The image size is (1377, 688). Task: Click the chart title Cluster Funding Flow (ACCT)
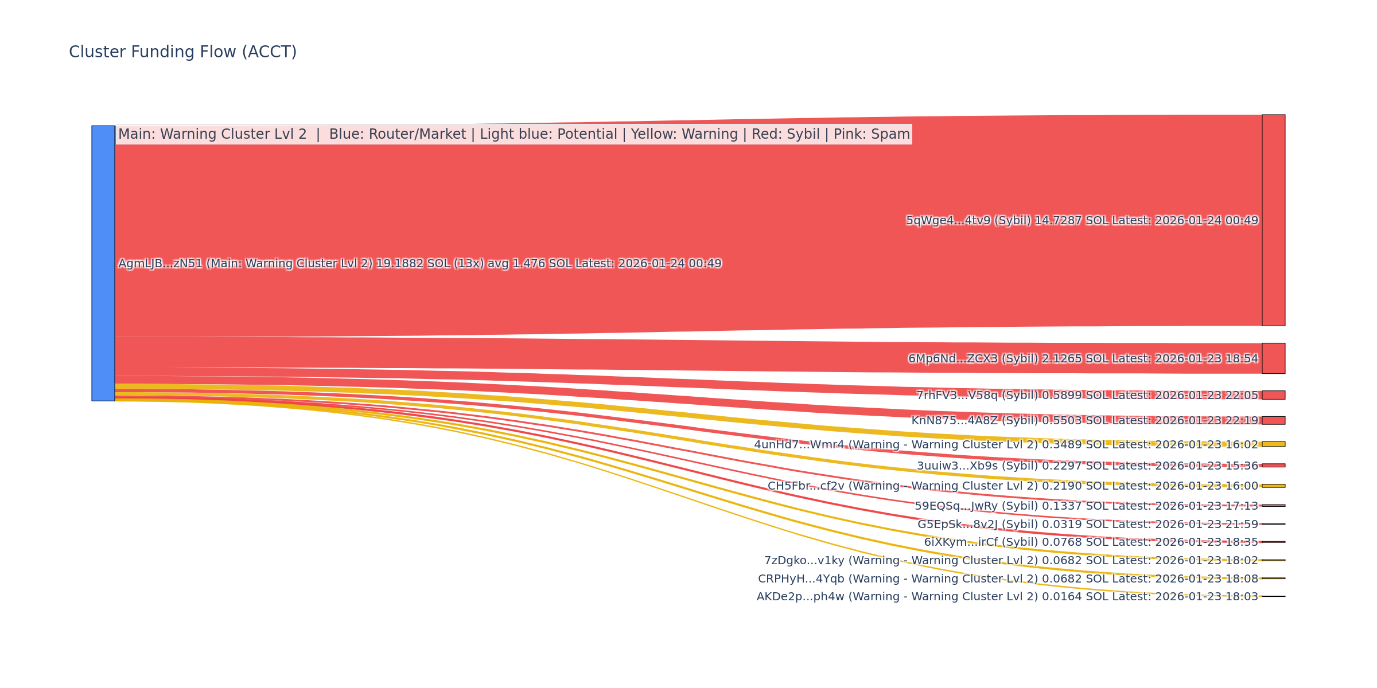click(x=182, y=52)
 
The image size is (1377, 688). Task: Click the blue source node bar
click(x=103, y=263)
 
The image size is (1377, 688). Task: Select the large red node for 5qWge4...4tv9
click(x=1273, y=220)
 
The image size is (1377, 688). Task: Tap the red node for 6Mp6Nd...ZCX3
click(x=1273, y=358)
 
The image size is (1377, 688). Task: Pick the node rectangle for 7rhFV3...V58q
click(x=1273, y=395)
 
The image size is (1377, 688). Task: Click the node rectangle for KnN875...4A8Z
click(x=1273, y=420)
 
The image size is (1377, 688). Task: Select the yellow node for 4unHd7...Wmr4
click(x=1273, y=444)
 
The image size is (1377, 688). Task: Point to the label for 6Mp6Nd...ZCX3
click(x=1083, y=359)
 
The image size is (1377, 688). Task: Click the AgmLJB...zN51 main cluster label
click(x=419, y=264)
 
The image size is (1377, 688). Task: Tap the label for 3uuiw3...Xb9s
click(x=1087, y=466)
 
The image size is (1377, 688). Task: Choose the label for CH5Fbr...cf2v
click(x=1013, y=486)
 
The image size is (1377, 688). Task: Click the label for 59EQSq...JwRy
click(x=1086, y=506)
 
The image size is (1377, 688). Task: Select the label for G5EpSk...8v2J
click(x=1087, y=525)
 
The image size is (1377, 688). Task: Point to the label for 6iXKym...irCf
click(x=1091, y=542)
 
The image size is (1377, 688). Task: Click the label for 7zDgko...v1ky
click(x=1011, y=561)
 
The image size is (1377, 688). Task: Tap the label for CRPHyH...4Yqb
click(x=1008, y=579)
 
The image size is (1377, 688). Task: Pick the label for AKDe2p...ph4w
click(x=1007, y=597)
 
